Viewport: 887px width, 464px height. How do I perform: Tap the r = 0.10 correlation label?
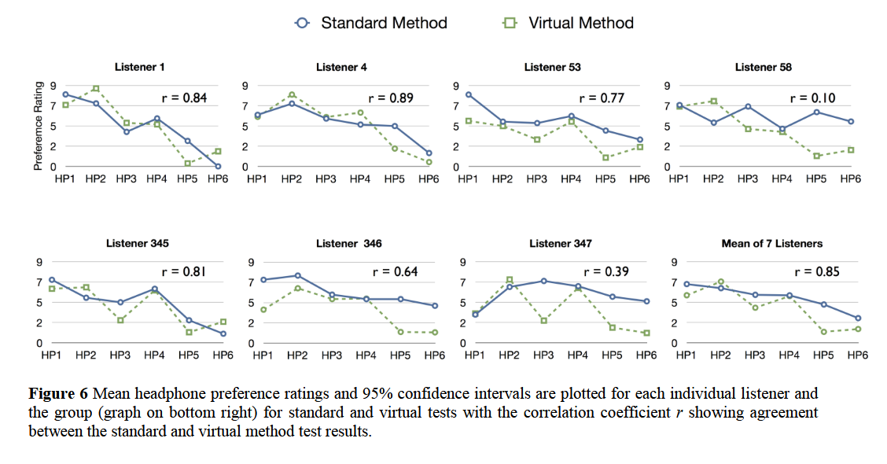point(812,98)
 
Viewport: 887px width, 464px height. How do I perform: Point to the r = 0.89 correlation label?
point(391,98)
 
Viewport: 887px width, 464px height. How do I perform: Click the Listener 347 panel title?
point(561,244)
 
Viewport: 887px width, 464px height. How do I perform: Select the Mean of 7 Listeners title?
point(771,244)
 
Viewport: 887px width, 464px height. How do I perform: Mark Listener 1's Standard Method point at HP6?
point(218,166)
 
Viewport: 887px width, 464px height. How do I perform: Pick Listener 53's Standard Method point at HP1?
point(469,94)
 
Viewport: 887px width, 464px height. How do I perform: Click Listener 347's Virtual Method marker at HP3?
point(543,320)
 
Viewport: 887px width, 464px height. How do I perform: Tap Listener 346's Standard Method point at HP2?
point(297,275)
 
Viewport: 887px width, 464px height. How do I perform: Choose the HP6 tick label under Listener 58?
point(850,179)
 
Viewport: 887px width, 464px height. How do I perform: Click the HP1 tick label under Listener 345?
point(52,355)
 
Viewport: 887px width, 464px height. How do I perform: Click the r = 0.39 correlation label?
point(605,272)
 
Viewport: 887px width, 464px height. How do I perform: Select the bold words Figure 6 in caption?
point(59,392)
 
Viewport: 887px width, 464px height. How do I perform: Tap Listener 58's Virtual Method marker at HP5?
point(816,156)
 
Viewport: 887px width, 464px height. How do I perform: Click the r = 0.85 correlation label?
point(816,272)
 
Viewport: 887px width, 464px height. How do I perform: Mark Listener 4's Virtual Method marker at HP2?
point(291,94)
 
